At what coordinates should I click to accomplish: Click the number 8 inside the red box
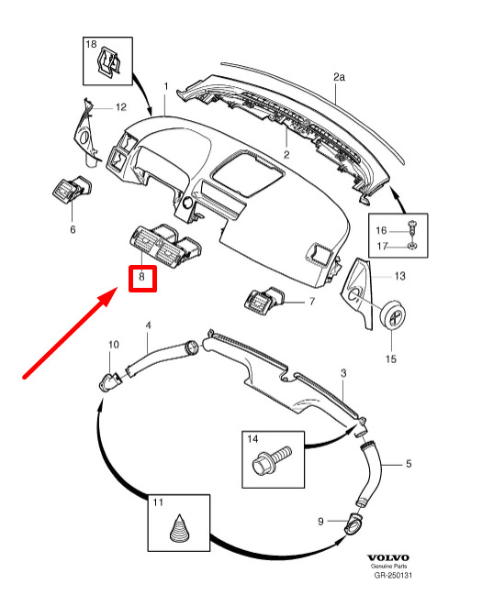[x=142, y=277]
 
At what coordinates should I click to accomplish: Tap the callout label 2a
[x=339, y=77]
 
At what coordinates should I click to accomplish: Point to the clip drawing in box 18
[x=108, y=61]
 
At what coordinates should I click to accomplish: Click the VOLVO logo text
[x=388, y=557]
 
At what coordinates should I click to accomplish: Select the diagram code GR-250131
[x=393, y=576]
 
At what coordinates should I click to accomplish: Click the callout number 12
[x=121, y=107]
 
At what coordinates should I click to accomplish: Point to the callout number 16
[x=381, y=230]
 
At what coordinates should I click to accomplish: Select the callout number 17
[x=382, y=246]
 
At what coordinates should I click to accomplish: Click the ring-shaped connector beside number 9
[x=353, y=525]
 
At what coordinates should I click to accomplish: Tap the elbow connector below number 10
[x=111, y=381]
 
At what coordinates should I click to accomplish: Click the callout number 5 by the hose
[x=409, y=463]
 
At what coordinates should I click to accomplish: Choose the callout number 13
[x=400, y=276]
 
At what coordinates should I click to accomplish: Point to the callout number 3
[x=343, y=373]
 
